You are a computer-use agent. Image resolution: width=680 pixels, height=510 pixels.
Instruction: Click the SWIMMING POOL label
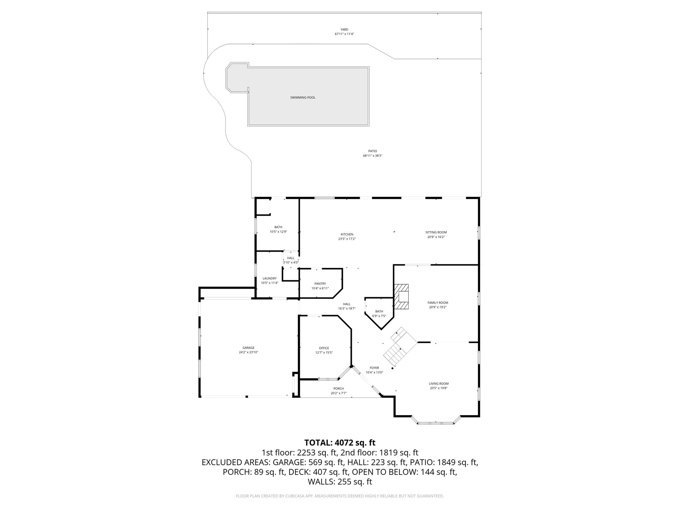[302, 98]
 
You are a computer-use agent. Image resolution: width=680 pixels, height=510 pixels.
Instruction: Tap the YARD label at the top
[344, 30]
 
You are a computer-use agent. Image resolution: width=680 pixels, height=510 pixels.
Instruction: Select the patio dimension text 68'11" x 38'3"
[373, 156]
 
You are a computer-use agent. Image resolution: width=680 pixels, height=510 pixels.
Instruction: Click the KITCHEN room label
[347, 234]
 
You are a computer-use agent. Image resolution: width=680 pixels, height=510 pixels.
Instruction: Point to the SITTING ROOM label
[436, 232]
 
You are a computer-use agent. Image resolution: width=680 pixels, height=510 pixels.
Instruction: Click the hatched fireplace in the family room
[402, 297]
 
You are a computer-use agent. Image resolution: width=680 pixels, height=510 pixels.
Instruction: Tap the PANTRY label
[320, 284]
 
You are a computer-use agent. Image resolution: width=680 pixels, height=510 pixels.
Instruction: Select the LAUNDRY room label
[269, 278]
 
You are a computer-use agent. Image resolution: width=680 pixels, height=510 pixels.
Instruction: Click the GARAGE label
[248, 348]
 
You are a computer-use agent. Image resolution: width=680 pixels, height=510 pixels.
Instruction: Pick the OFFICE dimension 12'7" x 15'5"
[324, 353]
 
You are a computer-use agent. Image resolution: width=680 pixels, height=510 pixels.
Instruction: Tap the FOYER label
[374, 368]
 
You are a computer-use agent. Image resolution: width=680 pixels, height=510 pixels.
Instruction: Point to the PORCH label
[338, 388]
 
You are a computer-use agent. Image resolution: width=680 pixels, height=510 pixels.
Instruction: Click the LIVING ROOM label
[439, 383]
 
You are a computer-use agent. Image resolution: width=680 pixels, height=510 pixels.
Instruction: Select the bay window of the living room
[436, 423]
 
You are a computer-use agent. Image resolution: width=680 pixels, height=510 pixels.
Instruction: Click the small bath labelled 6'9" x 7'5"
[379, 313]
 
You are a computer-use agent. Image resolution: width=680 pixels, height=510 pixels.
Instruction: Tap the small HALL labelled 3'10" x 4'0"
[291, 260]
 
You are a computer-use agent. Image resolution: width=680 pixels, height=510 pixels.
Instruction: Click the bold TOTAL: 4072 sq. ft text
[340, 443]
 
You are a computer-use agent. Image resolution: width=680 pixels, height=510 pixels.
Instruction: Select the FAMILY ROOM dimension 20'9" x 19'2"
[438, 307]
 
